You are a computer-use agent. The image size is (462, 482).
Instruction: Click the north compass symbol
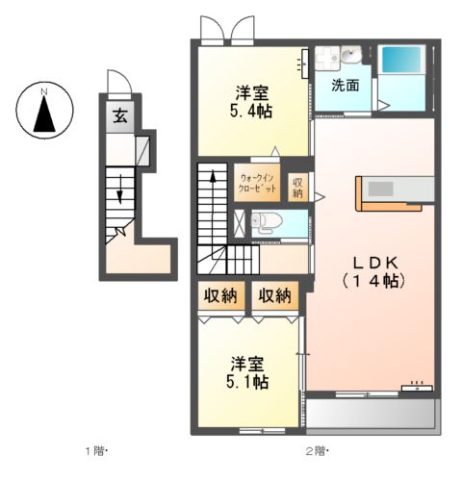(44, 110)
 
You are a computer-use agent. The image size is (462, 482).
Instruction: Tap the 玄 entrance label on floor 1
(120, 115)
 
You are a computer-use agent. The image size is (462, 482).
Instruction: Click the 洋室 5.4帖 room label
(252, 102)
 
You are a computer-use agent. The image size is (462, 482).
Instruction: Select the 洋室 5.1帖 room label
(247, 372)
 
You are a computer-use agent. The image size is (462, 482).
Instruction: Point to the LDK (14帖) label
(374, 272)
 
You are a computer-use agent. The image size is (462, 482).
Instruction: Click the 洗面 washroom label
(346, 86)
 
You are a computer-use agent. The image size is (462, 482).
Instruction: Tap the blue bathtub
(401, 60)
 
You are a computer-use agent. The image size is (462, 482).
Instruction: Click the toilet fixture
(267, 221)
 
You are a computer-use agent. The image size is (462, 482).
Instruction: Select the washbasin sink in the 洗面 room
(351, 54)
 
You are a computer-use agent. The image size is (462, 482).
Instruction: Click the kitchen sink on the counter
(380, 189)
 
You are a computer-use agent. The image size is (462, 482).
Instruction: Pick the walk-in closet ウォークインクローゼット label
(257, 183)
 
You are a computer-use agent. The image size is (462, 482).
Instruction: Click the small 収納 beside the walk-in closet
(297, 188)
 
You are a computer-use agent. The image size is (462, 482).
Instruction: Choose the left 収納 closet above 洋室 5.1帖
(221, 295)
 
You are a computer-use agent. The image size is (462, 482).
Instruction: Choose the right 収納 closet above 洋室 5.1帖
(275, 295)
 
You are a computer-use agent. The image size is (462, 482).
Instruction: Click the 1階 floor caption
(95, 451)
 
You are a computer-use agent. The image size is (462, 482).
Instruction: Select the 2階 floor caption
(316, 451)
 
